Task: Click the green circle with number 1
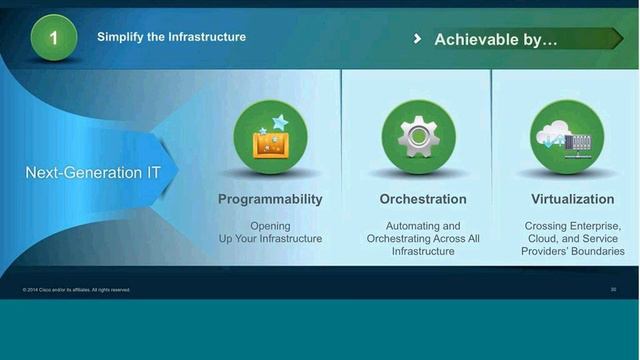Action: [53, 38]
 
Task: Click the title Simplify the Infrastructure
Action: [171, 37]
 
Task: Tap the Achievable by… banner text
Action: [495, 39]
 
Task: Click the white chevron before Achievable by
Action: [417, 39]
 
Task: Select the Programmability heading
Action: [270, 199]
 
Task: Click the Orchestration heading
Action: [423, 199]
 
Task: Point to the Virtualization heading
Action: [573, 199]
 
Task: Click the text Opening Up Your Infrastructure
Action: [270, 232]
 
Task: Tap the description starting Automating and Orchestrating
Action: [423, 238]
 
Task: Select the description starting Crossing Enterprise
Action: [573, 238]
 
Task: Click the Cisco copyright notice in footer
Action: [76, 290]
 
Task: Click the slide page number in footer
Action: [613, 290]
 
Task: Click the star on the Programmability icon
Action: [280, 122]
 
